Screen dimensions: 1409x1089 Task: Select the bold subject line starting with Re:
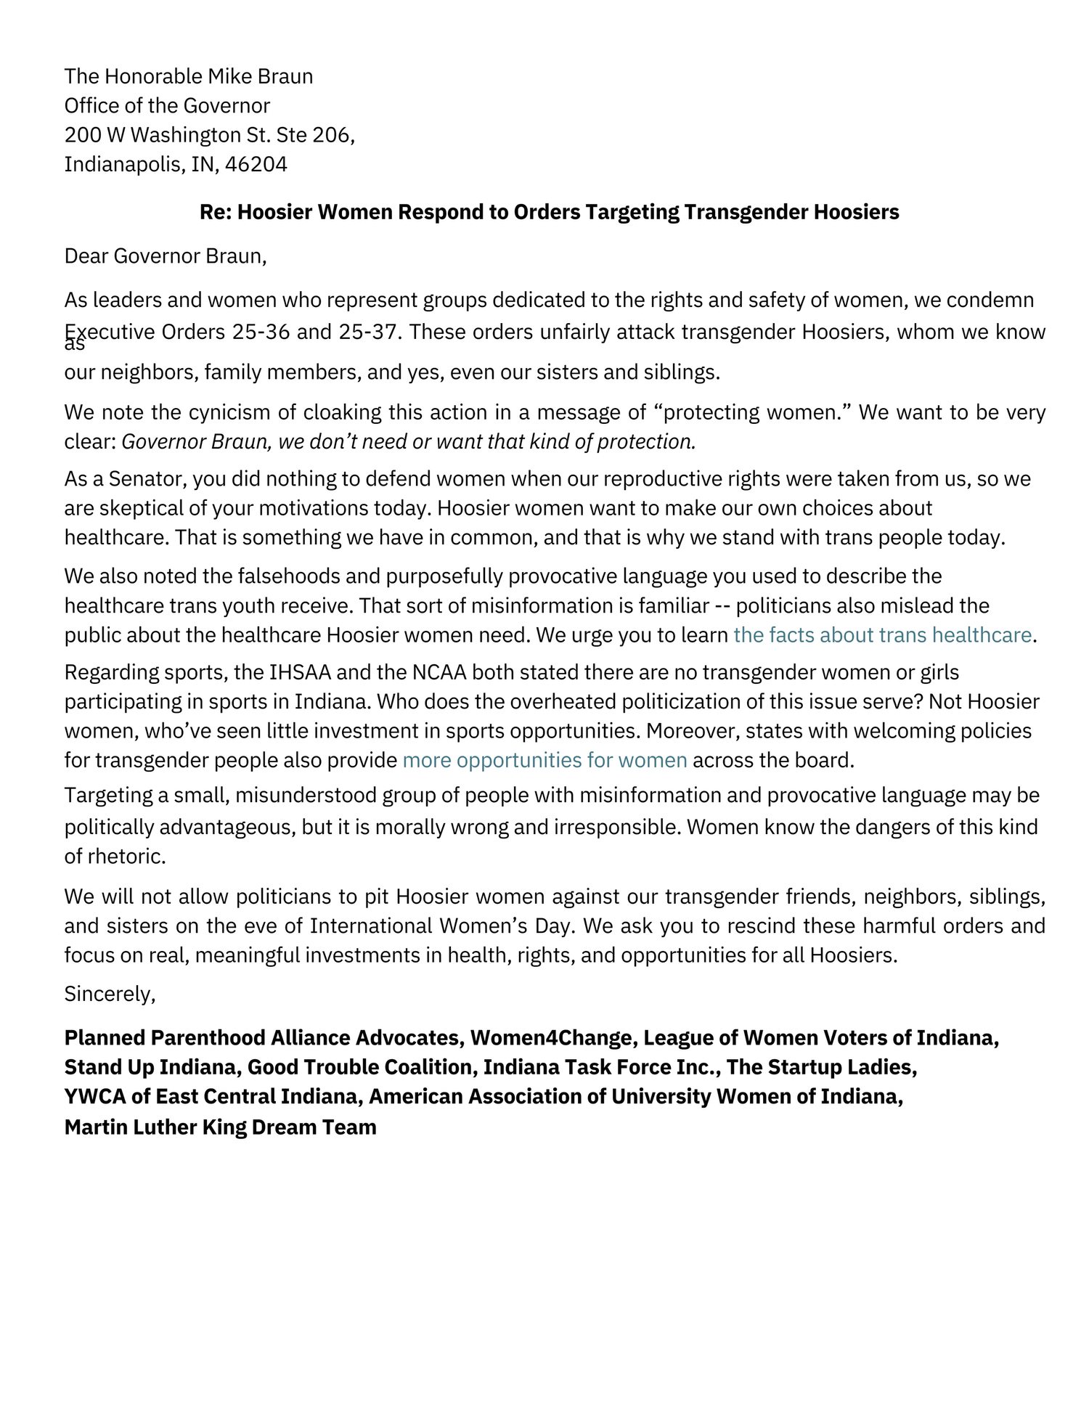[549, 212]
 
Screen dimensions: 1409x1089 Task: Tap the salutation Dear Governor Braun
[166, 256]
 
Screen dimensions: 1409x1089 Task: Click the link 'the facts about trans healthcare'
[882, 635]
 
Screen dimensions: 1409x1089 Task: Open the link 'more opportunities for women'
[544, 760]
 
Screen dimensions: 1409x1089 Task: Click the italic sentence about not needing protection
[409, 441]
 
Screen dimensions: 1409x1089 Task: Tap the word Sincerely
[110, 994]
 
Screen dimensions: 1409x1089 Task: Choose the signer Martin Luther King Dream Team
[220, 1127]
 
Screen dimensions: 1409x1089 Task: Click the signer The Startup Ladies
[821, 1067]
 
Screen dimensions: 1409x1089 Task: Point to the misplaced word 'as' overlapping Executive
[75, 345]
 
